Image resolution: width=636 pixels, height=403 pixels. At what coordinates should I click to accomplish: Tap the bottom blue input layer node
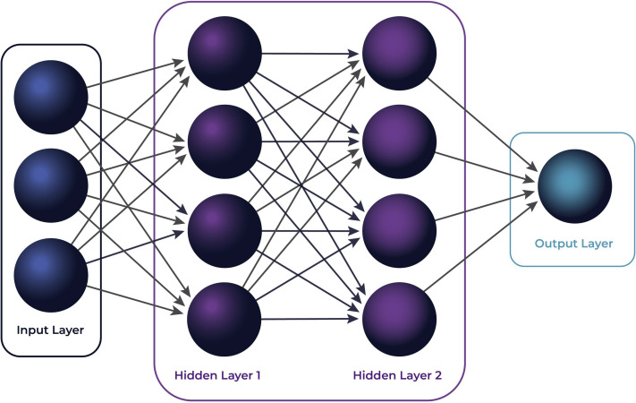[51, 274]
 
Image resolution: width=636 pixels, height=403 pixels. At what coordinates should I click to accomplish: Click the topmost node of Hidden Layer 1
[225, 53]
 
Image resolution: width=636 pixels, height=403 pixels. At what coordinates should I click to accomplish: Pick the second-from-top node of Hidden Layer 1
[225, 141]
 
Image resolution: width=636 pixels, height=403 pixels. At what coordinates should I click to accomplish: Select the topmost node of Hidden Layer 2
[400, 53]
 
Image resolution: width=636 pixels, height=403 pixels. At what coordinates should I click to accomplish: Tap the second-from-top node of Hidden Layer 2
[400, 141]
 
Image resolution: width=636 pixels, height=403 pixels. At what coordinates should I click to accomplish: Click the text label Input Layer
[50, 330]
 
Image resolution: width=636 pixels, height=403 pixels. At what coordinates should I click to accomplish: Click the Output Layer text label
[573, 243]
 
